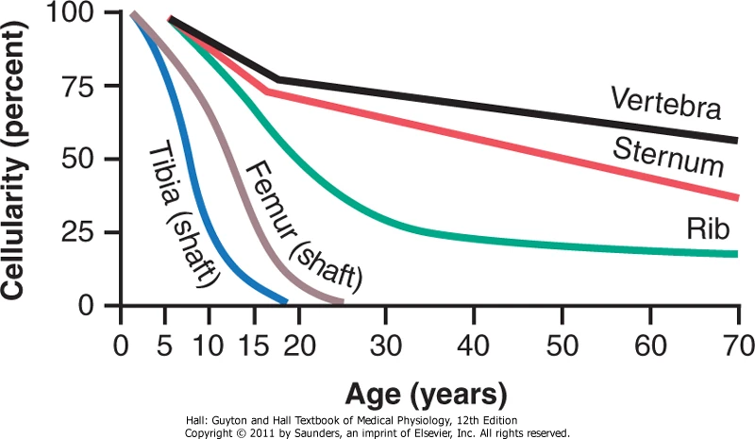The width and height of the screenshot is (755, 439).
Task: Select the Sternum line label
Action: click(x=668, y=157)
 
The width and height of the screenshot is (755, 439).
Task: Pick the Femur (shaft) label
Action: click(x=304, y=224)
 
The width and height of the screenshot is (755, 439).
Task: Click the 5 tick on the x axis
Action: click(x=165, y=342)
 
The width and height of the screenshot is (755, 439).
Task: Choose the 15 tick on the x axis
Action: click(x=254, y=342)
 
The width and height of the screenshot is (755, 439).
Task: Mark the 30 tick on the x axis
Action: click(x=386, y=342)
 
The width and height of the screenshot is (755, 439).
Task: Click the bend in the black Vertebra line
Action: click(x=277, y=79)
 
